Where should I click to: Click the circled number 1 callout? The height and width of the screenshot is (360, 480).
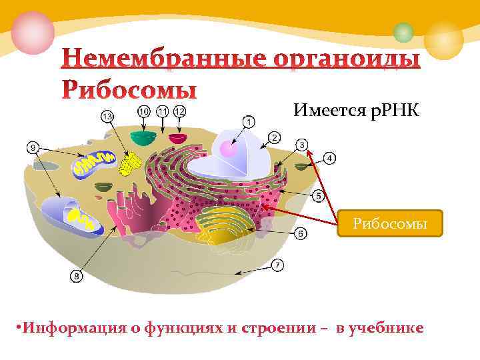[x=248, y=122]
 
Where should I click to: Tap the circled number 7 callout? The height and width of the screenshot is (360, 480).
[x=277, y=265]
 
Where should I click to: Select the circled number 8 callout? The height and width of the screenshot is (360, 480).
[x=77, y=275]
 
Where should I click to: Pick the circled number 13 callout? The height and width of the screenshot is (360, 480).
[x=107, y=116]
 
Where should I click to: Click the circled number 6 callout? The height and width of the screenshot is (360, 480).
[x=301, y=233]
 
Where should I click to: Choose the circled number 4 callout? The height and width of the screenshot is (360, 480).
[x=331, y=158]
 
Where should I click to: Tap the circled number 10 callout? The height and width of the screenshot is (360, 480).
[x=143, y=111]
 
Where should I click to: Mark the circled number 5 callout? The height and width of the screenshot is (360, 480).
[x=318, y=195]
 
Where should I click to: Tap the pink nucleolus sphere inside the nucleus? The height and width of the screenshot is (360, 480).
[x=229, y=148]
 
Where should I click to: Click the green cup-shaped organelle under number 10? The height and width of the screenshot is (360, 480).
[x=143, y=137]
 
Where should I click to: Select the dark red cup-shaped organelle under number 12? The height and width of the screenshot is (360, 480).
[x=178, y=138]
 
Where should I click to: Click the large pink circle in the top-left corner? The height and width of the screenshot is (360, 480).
[x=32, y=32]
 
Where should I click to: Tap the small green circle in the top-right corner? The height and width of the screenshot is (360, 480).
[x=403, y=31]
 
